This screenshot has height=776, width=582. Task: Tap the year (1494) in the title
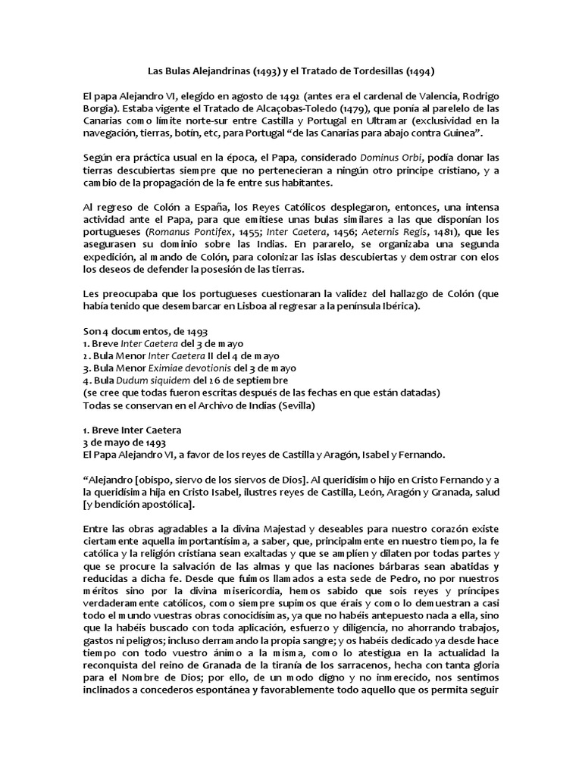419,71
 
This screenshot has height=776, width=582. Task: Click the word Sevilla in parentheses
300,404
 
